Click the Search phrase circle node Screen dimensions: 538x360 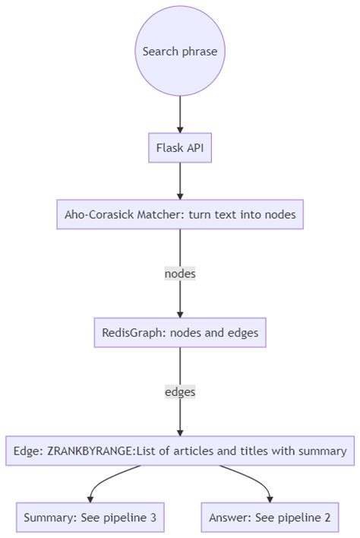pos(180,52)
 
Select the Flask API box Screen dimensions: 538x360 pos(180,148)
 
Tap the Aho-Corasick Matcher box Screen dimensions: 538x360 pos(180,214)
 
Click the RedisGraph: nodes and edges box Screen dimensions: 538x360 pos(180,332)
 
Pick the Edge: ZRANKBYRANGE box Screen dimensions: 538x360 pos(180,451)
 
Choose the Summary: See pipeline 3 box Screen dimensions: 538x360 pos(90,517)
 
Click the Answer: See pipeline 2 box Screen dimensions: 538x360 pos(270,517)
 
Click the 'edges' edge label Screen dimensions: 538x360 pos(180,392)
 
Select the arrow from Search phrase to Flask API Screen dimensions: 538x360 pos(180,114)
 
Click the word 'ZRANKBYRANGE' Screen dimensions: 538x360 pos(90,451)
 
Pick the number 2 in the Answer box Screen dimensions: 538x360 pos(327,517)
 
